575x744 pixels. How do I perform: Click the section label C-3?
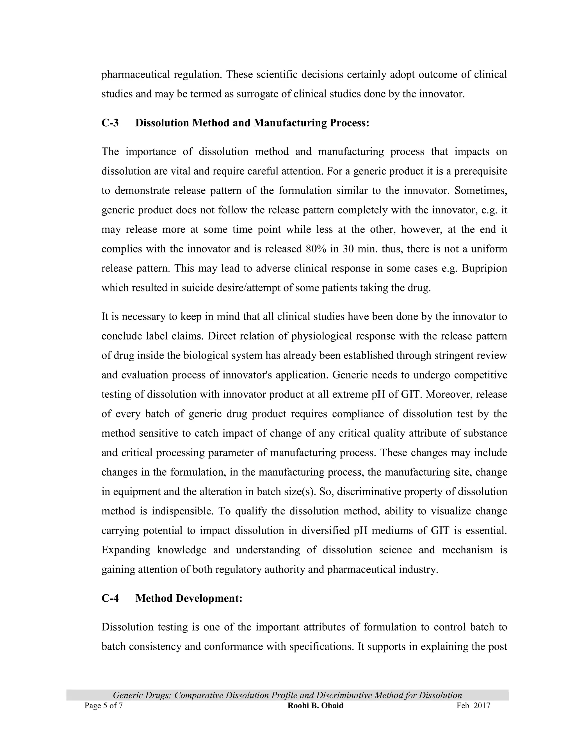coord(110,123)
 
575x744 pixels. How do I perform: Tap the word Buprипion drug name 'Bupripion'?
coord(484,268)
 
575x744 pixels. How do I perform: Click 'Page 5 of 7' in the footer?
coord(103,706)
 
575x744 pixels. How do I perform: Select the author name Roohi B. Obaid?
coord(315,706)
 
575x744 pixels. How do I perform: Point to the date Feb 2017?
coord(473,706)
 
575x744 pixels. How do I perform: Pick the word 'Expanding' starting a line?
coord(126,550)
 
